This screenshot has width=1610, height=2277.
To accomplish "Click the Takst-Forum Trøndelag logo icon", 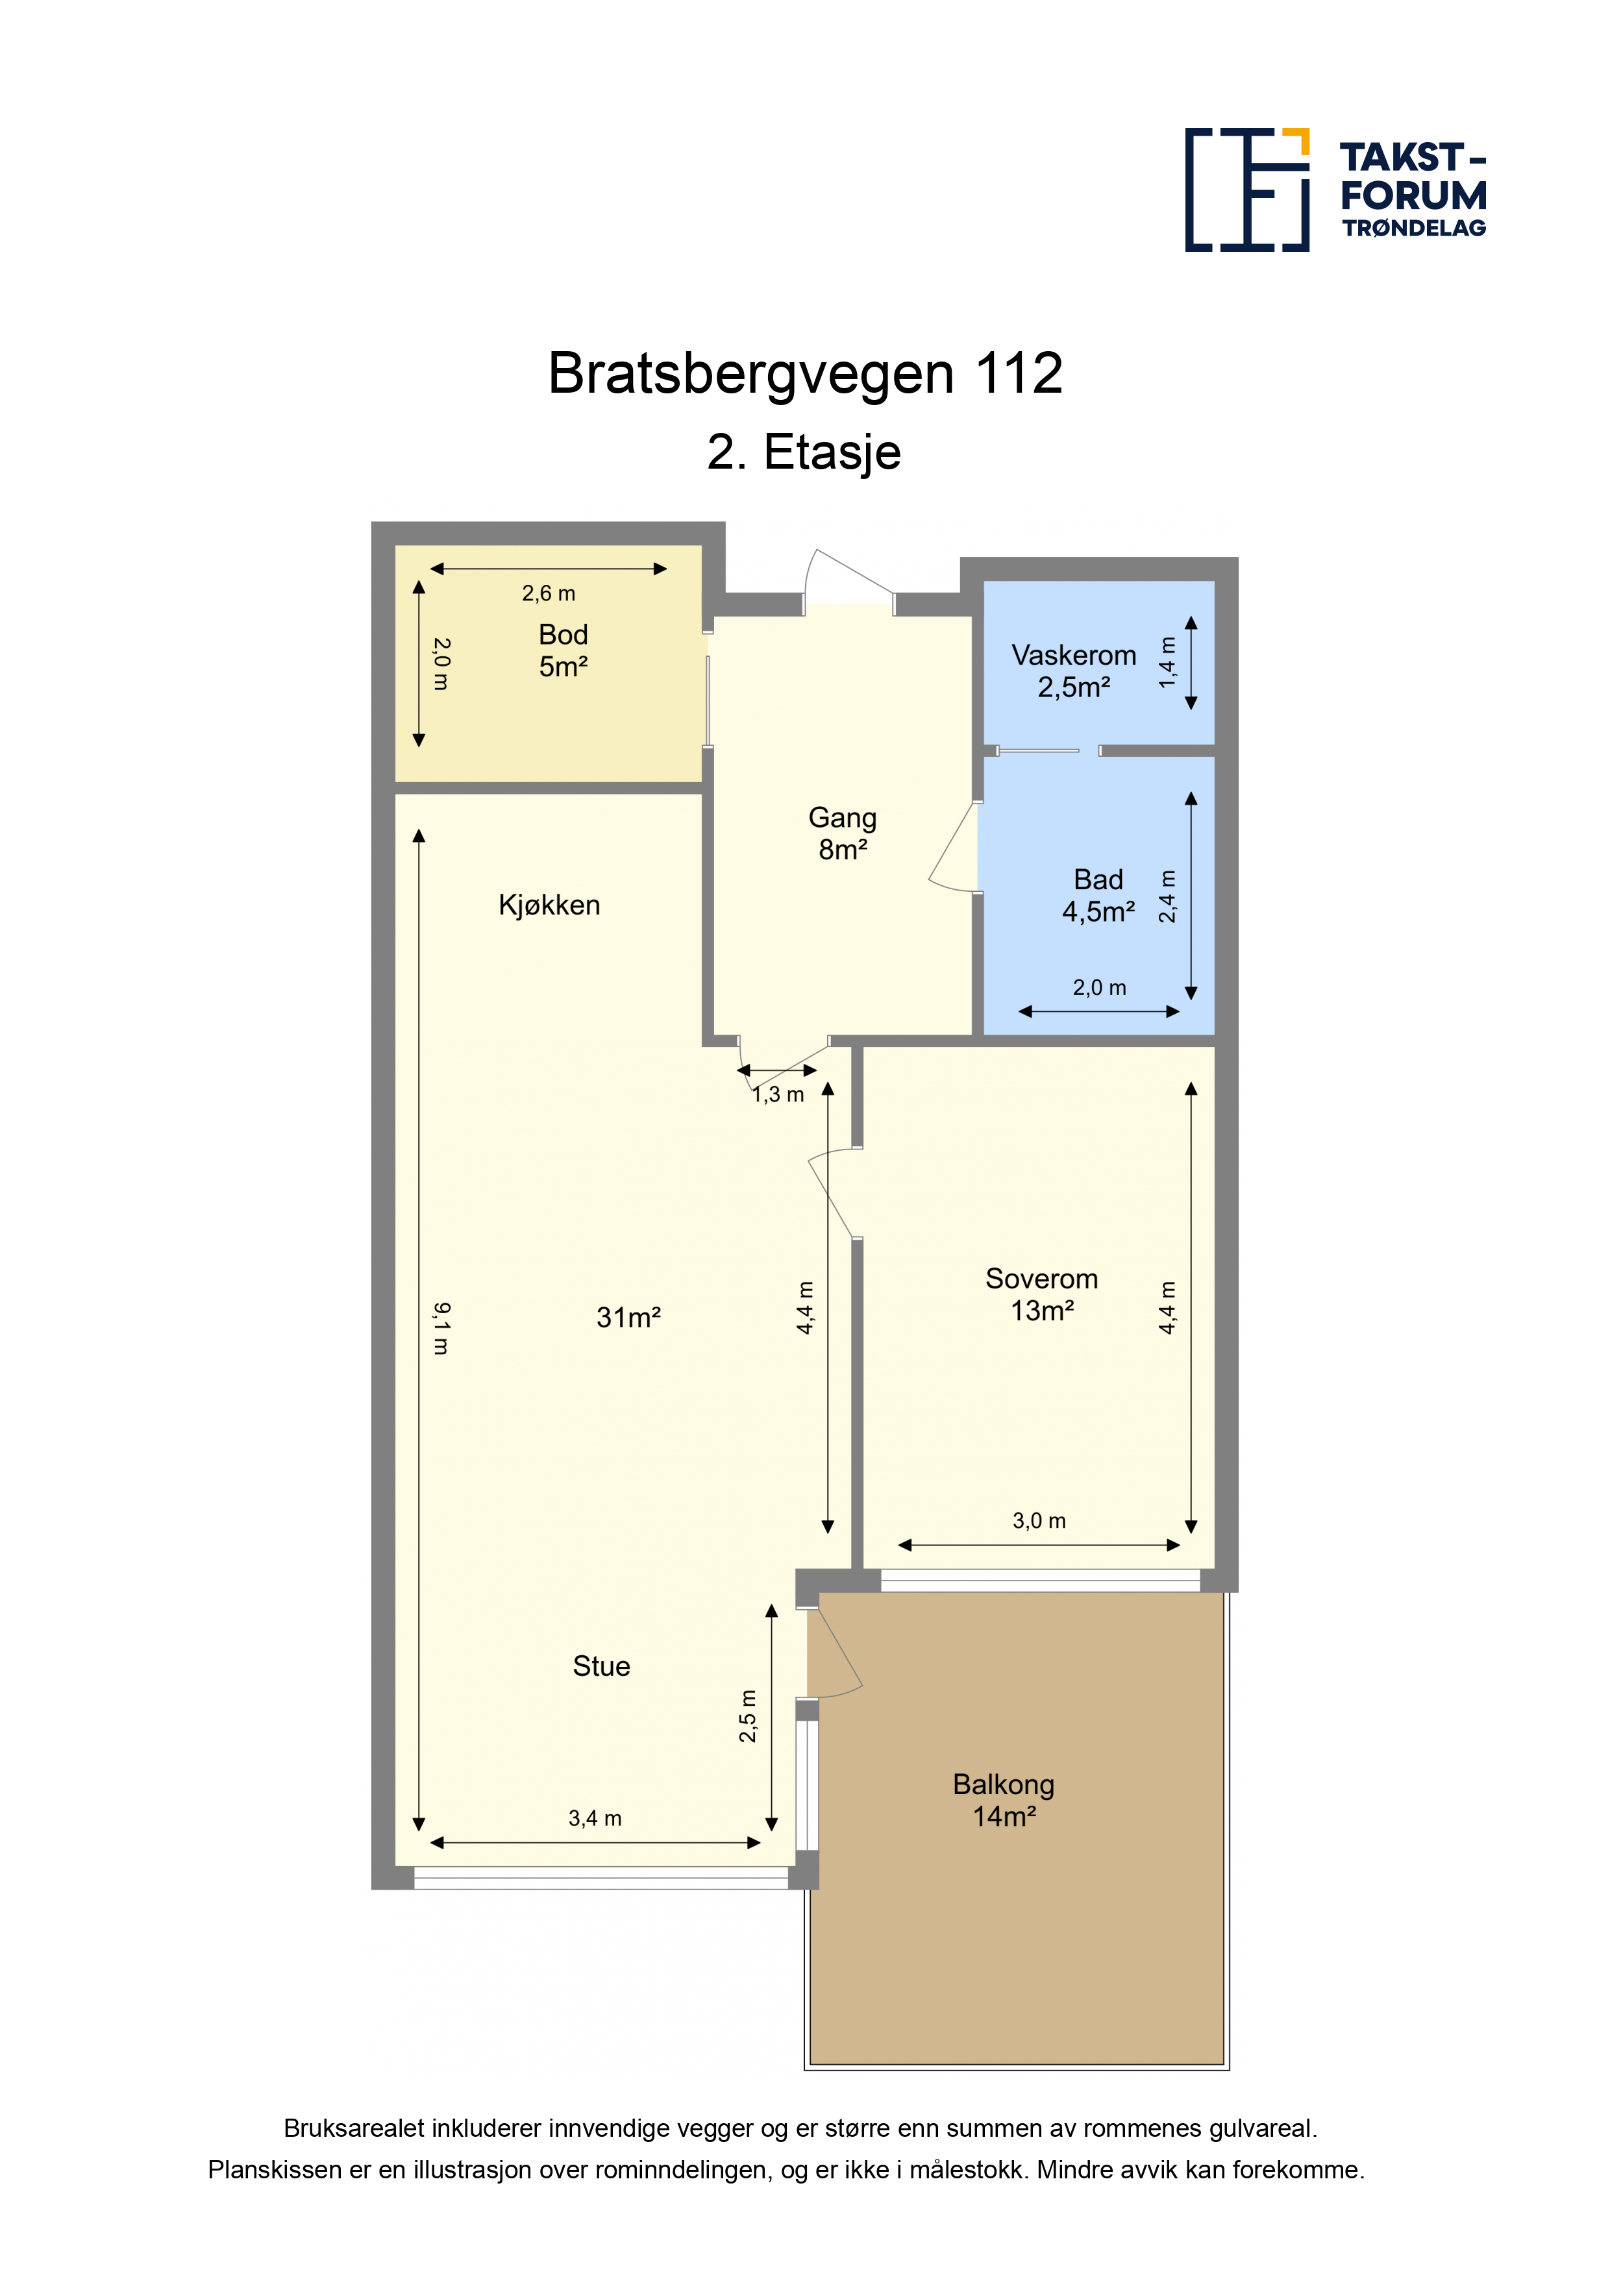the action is pos(1247,190).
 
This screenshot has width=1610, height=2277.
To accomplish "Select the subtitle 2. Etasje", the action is pos(804,452).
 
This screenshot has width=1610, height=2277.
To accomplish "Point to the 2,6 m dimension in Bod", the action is pos(549,593).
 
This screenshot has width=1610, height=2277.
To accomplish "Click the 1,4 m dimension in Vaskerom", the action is pos(1167,663).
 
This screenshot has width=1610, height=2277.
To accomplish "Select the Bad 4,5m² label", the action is pos(1098,896).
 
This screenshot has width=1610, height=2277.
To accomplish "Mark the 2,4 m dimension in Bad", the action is pos(1167,896).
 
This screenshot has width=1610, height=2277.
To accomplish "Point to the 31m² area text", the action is pos(628,1317).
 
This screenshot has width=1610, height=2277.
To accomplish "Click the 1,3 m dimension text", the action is pos(778,1095).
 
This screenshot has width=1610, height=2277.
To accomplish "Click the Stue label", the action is pos(601,1666).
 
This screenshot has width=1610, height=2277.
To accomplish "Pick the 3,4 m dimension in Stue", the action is pos(595,1819).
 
